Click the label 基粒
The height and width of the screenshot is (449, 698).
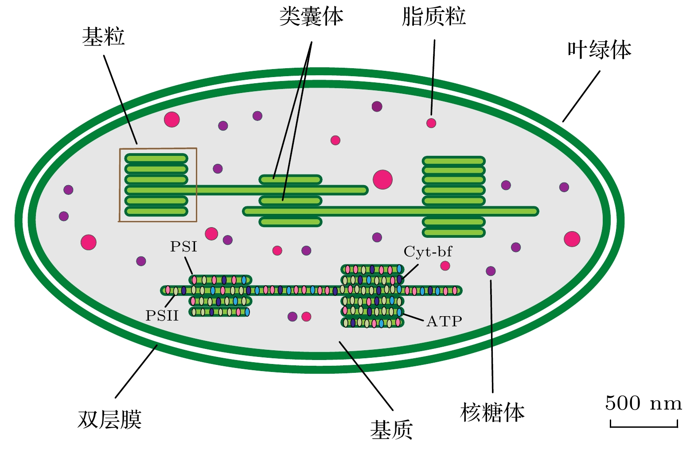pos(103,37)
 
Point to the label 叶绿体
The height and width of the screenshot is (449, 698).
pos(599,50)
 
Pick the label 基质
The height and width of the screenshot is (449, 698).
pos(391,430)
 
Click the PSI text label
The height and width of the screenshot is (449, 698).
pos(183,247)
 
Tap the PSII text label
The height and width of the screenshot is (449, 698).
pos(162,316)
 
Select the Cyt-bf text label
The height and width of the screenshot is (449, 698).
pos(428,252)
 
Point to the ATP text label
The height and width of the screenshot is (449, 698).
pos(444,321)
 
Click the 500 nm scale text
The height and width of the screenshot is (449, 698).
pos(643,403)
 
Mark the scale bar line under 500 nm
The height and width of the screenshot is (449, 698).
pos(643,426)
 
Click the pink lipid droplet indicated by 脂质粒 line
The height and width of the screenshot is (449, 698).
pos(431,123)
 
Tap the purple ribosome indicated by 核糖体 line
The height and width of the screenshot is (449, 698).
pos(491,271)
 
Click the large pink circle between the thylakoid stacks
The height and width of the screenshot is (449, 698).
pos(382,180)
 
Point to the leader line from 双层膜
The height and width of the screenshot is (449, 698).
pos(136,372)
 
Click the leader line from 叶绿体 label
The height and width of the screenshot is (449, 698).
pos(581,96)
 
